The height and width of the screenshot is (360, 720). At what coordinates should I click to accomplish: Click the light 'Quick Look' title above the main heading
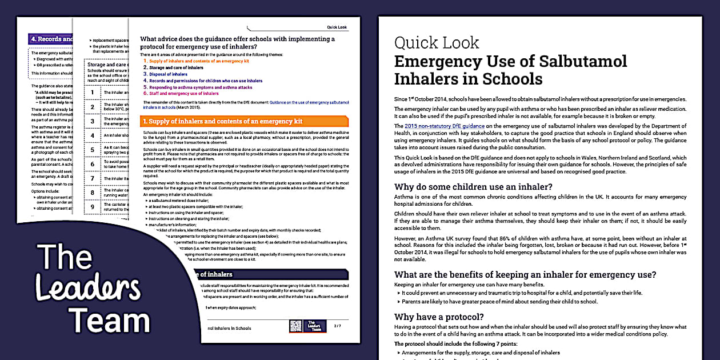coord(437,43)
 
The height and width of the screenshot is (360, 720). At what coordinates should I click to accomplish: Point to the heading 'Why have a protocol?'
coord(439,317)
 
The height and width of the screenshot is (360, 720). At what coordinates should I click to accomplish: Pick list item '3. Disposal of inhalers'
coord(167,74)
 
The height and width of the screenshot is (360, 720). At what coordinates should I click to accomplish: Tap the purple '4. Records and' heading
coord(51,39)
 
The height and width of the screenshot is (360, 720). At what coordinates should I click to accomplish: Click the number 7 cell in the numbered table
coord(93,178)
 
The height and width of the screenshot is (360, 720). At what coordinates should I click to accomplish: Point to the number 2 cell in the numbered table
coord(93,107)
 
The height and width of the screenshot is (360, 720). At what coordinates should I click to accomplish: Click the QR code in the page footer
coord(295,326)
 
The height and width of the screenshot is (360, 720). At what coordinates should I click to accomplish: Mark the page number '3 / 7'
coord(337,326)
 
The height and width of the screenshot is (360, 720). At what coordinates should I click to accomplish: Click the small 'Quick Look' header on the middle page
coord(337,27)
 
